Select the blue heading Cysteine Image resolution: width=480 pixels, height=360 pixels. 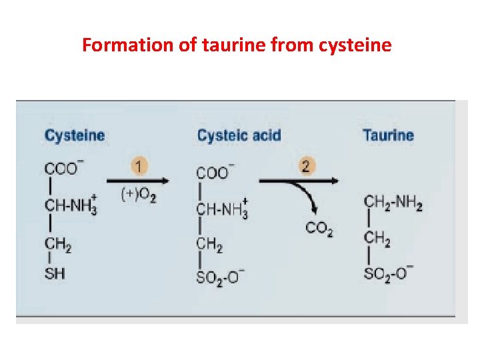pyautogui.click(x=75, y=136)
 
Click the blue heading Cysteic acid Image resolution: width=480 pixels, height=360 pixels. pyautogui.click(x=239, y=136)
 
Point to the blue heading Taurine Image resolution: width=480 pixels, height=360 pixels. pyautogui.click(x=388, y=136)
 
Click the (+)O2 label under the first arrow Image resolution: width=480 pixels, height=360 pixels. pyautogui.click(x=138, y=195)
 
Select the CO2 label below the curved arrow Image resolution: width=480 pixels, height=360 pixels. pyautogui.click(x=319, y=229)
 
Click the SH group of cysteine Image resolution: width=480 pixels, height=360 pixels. pyautogui.click(x=55, y=274)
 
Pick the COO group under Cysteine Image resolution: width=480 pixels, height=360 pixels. pyautogui.click(x=61, y=169)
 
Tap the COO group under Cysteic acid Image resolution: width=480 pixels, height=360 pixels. pyautogui.click(x=212, y=173)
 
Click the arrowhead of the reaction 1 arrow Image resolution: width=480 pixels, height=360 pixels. pyautogui.click(x=165, y=180)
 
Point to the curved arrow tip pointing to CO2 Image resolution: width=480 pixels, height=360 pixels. pyautogui.click(x=312, y=215)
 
